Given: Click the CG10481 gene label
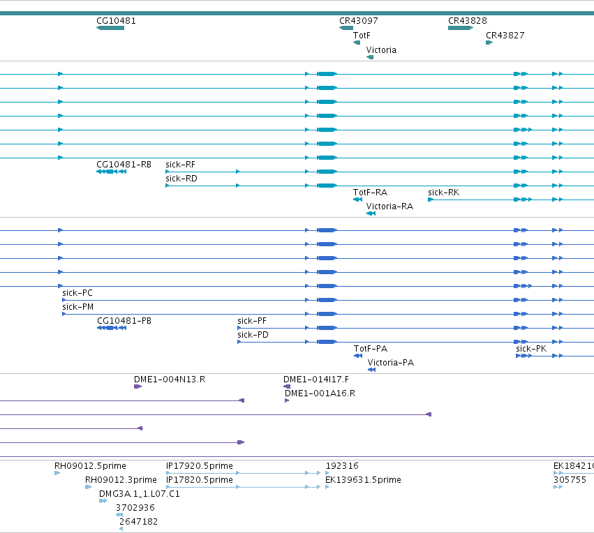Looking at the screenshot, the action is (116, 21).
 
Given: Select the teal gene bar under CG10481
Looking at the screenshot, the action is (110, 28).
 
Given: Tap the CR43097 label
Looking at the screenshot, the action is (358, 21).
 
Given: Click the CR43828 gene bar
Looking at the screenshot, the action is (461, 28).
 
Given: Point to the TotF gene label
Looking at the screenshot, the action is (362, 36).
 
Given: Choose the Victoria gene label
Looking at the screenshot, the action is (381, 50).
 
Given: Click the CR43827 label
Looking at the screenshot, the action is (505, 36).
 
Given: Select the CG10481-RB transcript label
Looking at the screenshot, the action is (124, 165).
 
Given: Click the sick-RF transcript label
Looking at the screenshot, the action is (180, 165).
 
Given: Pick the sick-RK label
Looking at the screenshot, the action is (444, 193).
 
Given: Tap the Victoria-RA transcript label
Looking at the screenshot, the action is (389, 207).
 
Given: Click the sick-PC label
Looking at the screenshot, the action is (77, 293).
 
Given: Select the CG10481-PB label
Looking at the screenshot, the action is (124, 321).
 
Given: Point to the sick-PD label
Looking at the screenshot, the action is (253, 335).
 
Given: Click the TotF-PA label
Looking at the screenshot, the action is (371, 349).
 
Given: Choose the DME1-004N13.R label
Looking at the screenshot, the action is (170, 380).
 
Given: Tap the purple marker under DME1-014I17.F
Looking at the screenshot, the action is (287, 386).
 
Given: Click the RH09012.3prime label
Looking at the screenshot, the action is (121, 480).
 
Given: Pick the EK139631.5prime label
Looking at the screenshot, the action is (363, 480).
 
